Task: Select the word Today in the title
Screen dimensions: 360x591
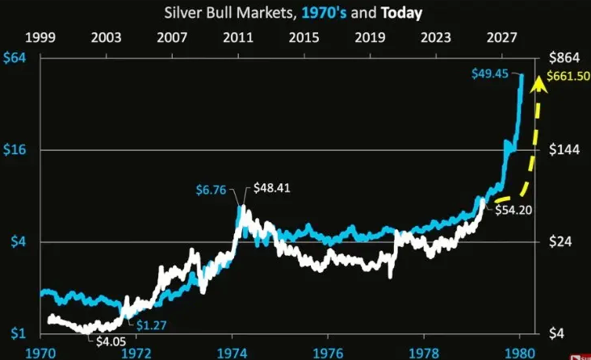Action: (x=400, y=14)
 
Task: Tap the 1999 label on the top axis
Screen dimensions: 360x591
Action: (x=40, y=38)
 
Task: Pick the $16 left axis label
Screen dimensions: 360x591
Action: (x=14, y=150)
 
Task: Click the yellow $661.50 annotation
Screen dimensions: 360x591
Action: (x=568, y=77)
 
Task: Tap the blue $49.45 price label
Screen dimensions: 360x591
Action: (x=492, y=74)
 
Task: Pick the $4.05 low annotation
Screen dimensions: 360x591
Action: (x=111, y=341)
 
